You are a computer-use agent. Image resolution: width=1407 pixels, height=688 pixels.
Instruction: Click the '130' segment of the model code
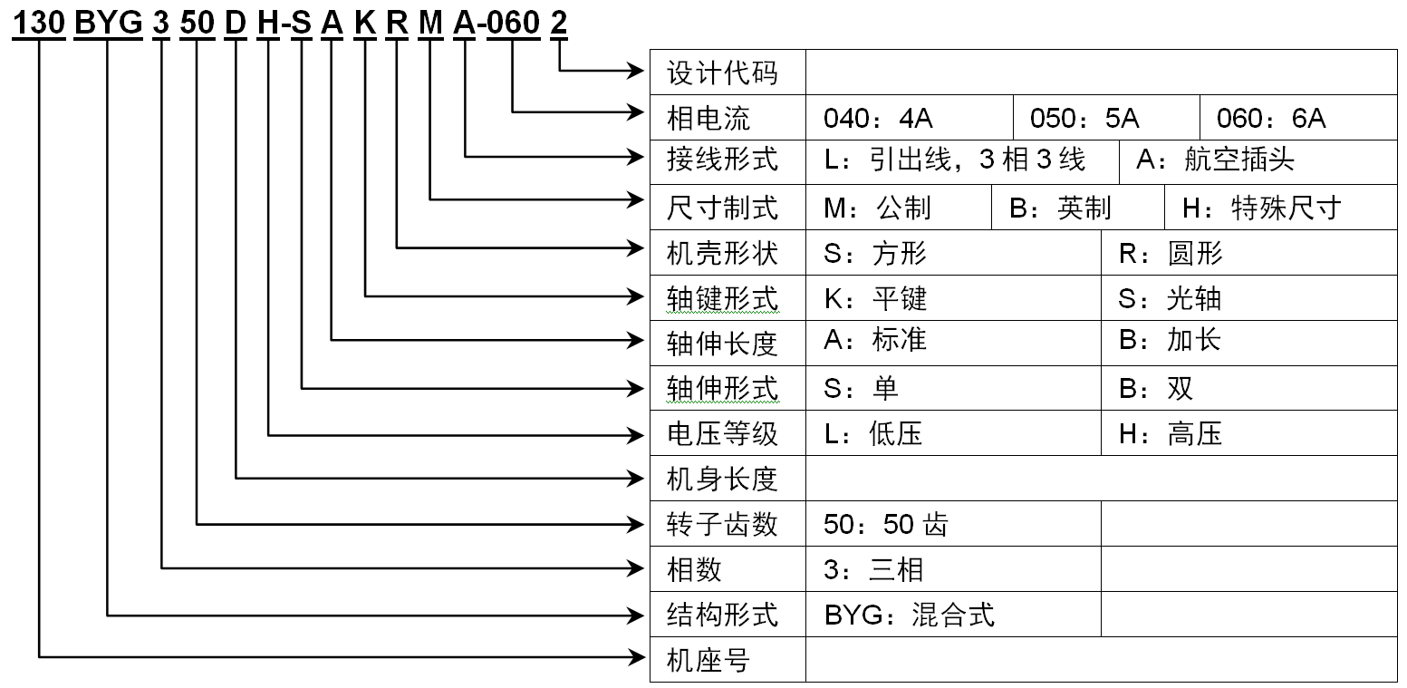(39, 24)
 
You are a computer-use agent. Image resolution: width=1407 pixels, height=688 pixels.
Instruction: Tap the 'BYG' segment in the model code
(108, 24)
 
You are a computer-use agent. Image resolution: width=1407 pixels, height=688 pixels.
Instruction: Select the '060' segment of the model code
(513, 24)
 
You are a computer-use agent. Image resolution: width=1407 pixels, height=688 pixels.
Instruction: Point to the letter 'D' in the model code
(236, 24)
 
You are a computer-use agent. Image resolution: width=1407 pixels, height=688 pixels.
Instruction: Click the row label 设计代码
(722, 73)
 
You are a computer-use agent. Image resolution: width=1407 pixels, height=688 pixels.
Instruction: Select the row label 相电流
(708, 118)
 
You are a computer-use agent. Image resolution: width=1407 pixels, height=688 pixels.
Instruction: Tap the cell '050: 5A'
(1084, 118)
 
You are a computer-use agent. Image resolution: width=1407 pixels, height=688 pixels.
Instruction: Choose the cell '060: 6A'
(1271, 118)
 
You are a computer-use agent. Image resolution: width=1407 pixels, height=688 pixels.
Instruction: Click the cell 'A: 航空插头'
(1216, 160)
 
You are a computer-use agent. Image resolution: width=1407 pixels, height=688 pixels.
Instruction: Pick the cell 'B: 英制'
(1060, 208)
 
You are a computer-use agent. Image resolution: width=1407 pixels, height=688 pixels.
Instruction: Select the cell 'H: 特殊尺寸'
(1262, 208)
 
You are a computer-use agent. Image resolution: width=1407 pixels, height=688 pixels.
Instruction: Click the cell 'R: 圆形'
(1171, 254)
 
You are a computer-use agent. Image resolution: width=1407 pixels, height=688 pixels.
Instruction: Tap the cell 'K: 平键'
(875, 298)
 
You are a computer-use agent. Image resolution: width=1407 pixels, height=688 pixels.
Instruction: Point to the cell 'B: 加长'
(1170, 340)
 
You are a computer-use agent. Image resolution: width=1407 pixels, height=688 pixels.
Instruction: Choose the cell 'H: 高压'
(1171, 434)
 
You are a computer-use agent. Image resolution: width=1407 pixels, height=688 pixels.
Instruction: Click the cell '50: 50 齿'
(886, 524)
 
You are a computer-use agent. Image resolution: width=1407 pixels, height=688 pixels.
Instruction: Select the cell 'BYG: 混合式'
(910, 615)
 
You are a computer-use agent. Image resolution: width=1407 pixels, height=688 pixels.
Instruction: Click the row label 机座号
(708, 661)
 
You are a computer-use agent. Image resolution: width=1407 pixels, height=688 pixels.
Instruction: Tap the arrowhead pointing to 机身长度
(634, 479)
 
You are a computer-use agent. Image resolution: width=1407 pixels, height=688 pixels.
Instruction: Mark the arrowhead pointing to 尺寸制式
(634, 199)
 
